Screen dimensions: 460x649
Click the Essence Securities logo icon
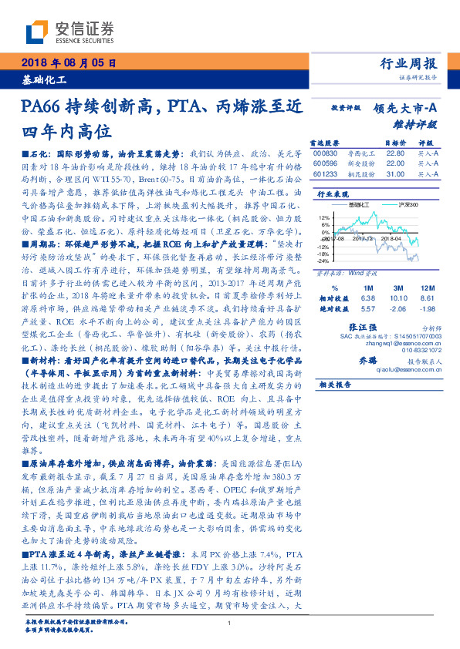point(41,31)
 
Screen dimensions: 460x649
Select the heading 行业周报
point(409,64)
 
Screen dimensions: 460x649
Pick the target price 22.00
point(395,163)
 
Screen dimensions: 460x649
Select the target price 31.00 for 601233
point(395,173)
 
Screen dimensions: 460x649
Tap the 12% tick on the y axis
point(324,218)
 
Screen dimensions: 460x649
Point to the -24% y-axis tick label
point(323,261)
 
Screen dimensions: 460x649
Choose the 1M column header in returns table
point(367,286)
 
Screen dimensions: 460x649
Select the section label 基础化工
point(43,80)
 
